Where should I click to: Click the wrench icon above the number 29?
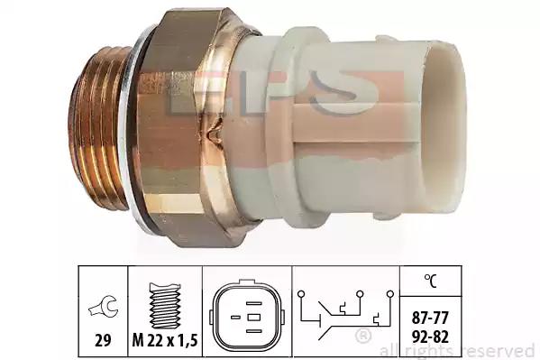coord(104,306)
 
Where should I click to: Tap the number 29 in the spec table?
coord(103,341)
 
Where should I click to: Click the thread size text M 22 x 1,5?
coord(165,341)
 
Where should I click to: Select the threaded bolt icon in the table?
coord(165,306)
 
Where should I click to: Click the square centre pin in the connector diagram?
coord(254,318)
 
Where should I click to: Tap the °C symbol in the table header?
coord(431,281)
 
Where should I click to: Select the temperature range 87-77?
coord(431,318)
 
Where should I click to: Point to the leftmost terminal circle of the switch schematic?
coord(301,294)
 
